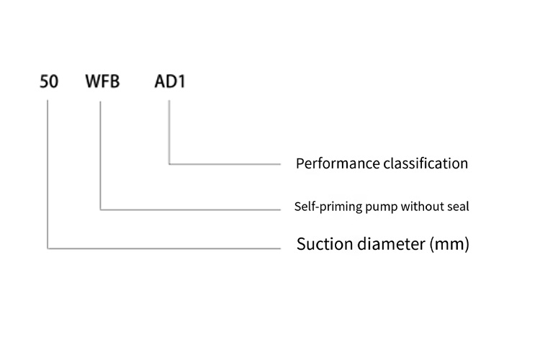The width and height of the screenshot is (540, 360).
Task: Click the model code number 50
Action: [x=49, y=81]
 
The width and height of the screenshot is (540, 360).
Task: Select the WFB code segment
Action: [x=102, y=81]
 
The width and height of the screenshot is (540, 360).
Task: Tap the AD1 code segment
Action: [x=170, y=81]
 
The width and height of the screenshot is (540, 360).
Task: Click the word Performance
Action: [x=338, y=163]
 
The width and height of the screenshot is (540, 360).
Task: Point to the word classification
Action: [x=426, y=163]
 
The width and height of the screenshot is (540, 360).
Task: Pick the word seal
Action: [x=458, y=207]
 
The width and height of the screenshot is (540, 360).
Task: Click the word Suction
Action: [x=325, y=244]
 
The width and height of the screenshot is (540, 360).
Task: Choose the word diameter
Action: [x=391, y=244]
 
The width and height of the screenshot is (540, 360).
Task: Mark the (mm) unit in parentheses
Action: [x=449, y=244]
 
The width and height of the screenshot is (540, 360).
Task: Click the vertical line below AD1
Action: [x=169, y=132]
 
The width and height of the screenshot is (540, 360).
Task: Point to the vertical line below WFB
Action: [x=100, y=156]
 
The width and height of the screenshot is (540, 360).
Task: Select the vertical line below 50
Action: [x=48, y=174]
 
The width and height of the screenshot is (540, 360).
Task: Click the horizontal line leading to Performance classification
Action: [x=225, y=164]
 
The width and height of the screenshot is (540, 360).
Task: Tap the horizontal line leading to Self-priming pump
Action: [x=191, y=210]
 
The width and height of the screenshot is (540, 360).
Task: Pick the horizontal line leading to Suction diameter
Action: [x=164, y=248]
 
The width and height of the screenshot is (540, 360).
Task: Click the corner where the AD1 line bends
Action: [x=169, y=164]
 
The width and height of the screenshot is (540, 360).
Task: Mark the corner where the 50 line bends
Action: [x=48, y=248]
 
